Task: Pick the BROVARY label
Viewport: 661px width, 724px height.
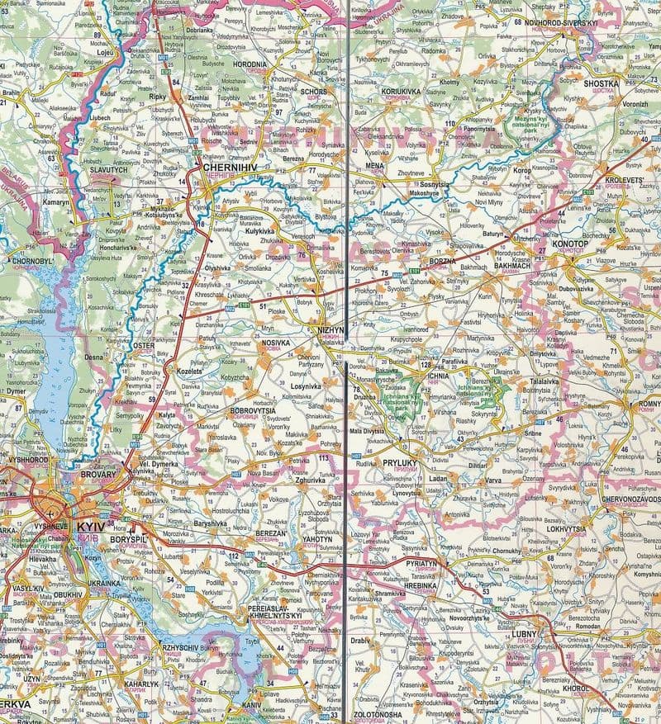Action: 97,476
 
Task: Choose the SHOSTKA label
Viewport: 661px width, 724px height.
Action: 601,83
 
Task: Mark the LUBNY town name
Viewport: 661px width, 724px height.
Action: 549,634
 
